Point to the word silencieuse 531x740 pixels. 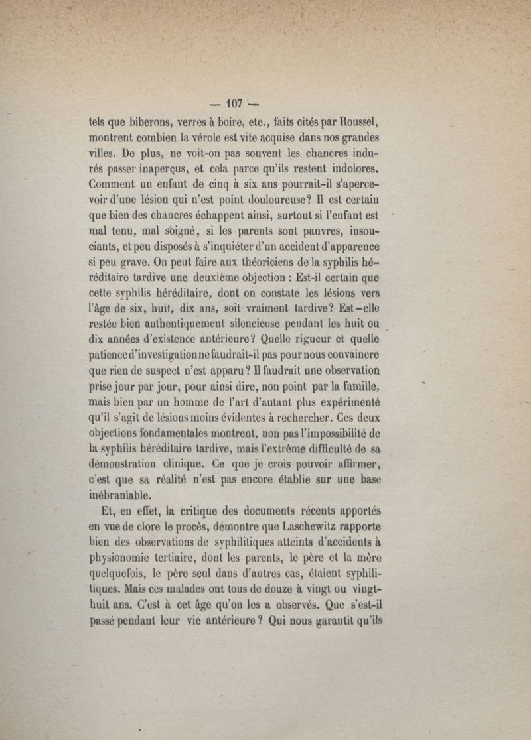[267, 324]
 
